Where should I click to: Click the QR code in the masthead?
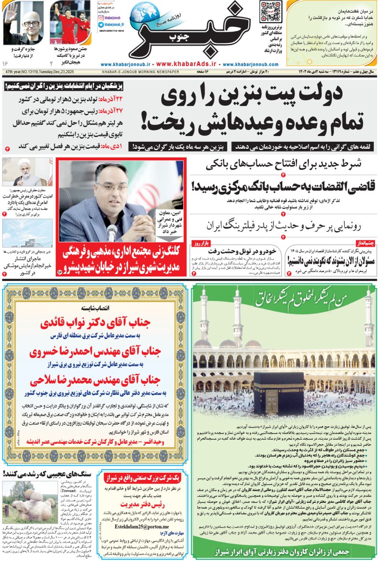tap(271, 12)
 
